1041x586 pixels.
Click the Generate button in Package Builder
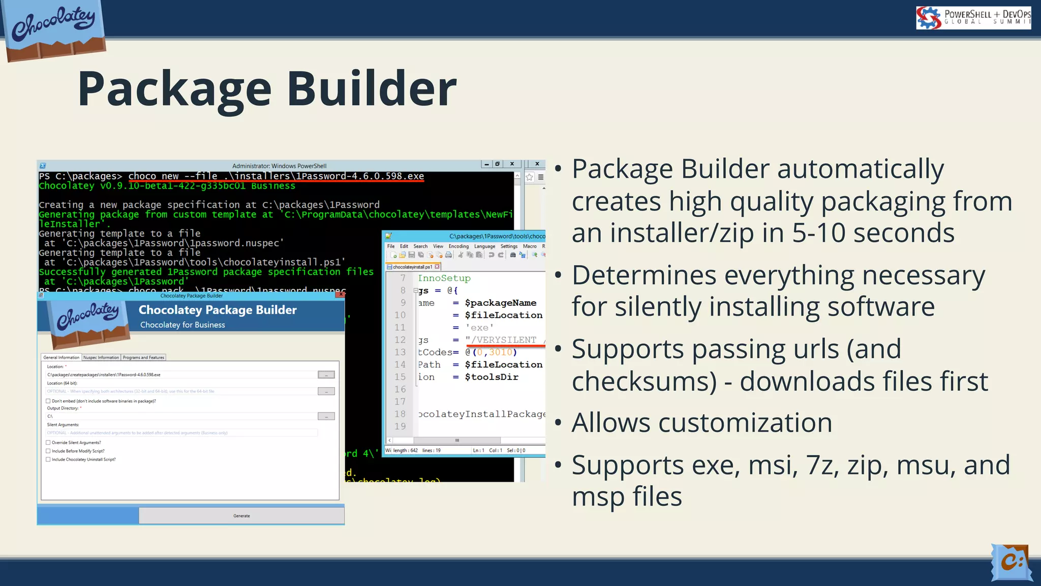coord(241,516)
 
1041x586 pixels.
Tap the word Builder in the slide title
coord(372,89)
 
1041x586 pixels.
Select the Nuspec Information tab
coord(101,358)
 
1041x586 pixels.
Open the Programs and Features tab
coord(143,358)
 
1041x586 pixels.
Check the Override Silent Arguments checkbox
coord(48,443)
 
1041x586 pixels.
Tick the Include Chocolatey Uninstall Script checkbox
coord(48,459)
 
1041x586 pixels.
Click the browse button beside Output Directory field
coord(326,416)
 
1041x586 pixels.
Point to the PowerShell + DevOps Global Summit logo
coord(973,18)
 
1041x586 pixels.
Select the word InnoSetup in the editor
coord(444,278)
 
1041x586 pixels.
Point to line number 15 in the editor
coord(400,377)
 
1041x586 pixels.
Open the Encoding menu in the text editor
coord(458,246)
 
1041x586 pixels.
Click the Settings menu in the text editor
coord(509,246)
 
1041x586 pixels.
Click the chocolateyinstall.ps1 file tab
coord(412,267)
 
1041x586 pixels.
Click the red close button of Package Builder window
coord(341,295)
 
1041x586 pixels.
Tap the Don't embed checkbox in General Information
coord(48,401)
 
